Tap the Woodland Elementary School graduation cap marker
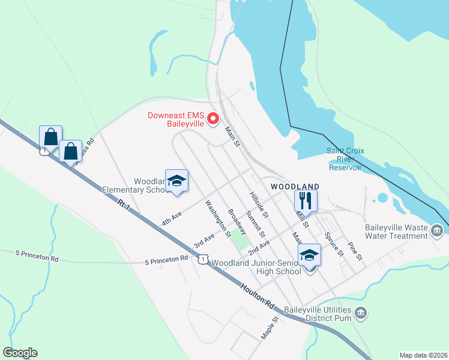176,181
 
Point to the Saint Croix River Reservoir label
345,159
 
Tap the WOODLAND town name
294,187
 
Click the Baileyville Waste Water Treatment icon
437,230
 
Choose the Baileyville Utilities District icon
361,313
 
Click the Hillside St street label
259,205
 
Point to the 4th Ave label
171,219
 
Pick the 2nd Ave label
259,246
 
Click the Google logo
20,353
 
